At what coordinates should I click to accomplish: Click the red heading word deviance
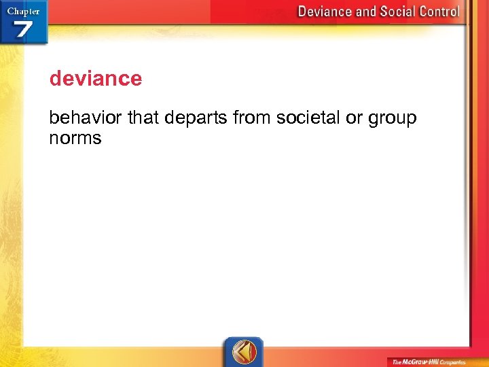pyautogui.click(x=96, y=79)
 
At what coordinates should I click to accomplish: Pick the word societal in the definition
pyautogui.click(x=308, y=118)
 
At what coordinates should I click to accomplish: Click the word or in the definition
pyautogui.click(x=355, y=118)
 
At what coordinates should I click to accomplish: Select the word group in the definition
pyautogui.click(x=393, y=119)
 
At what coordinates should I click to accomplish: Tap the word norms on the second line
pyautogui.click(x=75, y=139)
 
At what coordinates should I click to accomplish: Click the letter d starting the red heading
pyautogui.click(x=54, y=79)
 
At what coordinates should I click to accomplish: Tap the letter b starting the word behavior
pyautogui.click(x=54, y=118)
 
